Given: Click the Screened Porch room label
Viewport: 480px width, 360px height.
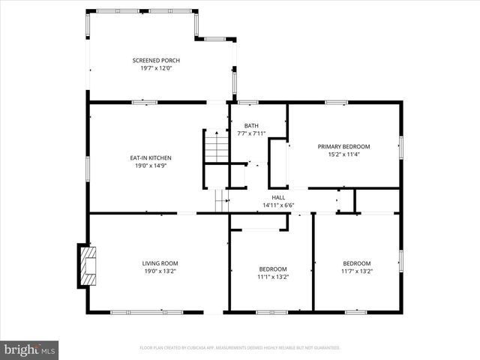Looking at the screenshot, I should [x=156, y=60].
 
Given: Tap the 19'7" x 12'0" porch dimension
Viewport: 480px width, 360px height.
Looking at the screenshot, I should [x=156, y=68].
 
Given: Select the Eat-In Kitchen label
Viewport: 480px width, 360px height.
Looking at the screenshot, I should [x=151, y=157].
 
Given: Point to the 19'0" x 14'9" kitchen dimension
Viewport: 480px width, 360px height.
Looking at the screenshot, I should [x=151, y=166].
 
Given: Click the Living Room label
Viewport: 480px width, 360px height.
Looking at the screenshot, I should [x=160, y=263].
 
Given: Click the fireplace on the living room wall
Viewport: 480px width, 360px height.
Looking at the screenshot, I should [x=86, y=265].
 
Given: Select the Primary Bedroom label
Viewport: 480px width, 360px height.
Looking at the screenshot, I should [x=344, y=146].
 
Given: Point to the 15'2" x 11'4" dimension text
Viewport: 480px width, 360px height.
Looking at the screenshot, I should [x=344, y=154].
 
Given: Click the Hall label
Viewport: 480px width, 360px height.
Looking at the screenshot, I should [x=278, y=197].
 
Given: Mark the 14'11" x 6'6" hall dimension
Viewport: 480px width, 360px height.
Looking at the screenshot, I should [x=278, y=205].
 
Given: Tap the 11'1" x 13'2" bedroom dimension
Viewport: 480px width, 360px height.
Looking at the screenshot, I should [x=273, y=277].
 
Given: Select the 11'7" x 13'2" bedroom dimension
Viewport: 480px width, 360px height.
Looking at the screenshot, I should [x=357, y=271].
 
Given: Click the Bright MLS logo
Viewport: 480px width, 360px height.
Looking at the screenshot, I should [x=31, y=349].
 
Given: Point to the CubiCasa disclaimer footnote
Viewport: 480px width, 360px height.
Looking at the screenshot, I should [x=240, y=348].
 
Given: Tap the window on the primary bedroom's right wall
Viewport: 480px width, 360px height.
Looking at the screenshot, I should [x=401, y=146].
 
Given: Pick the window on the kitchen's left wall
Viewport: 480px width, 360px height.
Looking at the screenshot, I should [x=88, y=168].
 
